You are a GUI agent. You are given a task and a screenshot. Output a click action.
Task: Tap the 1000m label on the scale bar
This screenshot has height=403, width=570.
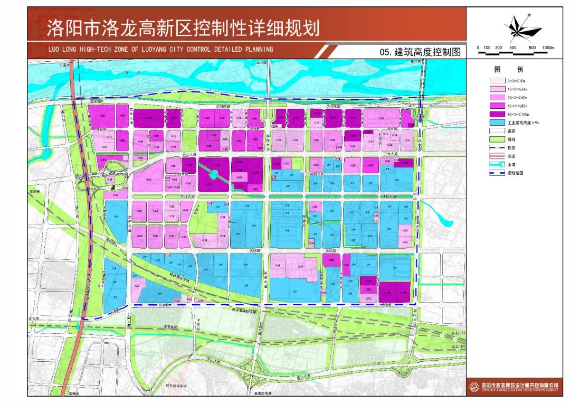tap(547, 48)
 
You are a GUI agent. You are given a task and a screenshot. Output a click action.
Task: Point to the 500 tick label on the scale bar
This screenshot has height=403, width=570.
tap(512, 48)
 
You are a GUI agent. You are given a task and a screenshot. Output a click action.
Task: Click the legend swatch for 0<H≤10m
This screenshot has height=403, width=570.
tap(497, 80)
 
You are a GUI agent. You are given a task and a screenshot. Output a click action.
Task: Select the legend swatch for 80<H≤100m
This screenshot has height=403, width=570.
tap(497, 114)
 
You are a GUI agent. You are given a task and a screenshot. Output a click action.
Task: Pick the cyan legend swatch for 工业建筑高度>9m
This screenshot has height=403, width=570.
tap(497, 123)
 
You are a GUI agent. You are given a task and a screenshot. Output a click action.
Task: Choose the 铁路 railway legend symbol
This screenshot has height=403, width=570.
tap(497, 148)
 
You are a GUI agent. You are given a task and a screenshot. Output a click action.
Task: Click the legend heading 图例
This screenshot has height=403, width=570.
tap(501, 70)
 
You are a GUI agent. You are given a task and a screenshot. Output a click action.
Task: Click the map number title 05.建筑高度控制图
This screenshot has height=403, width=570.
tap(420, 52)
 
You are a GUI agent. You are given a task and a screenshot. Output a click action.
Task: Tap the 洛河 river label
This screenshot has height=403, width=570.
tap(125, 72)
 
